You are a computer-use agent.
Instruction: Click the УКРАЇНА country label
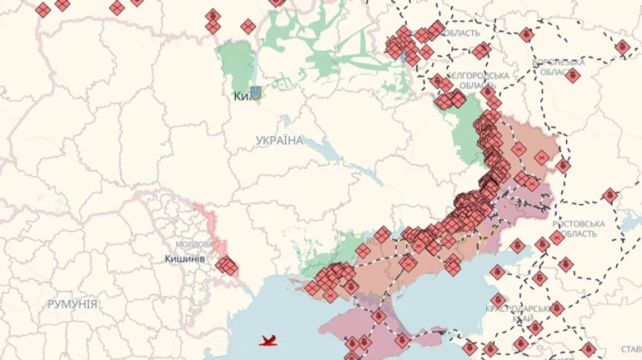[x=280, y=140]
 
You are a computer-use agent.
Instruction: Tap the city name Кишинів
[x=185, y=259]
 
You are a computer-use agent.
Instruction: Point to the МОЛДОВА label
[x=193, y=245]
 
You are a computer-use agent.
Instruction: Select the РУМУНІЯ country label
[x=73, y=304]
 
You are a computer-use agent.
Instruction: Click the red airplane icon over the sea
[x=268, y=341]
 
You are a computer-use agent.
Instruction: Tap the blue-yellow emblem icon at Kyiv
[x=256, y=93]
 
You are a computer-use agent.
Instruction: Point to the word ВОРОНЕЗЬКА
[x=558, y=62]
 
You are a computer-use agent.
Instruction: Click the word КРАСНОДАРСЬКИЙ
[x=514, y=308]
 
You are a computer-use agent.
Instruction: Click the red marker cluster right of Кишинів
[x=227, y=267]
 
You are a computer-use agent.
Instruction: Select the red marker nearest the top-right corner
[x=622, y=47]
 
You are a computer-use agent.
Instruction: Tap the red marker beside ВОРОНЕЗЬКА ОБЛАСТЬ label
[x=572, y=76]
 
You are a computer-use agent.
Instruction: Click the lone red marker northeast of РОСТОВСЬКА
[x=609, y=197]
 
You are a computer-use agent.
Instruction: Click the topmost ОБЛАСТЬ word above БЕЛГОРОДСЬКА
[x=463, y=33]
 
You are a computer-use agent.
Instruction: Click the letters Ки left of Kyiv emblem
[x=241, y=96]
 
